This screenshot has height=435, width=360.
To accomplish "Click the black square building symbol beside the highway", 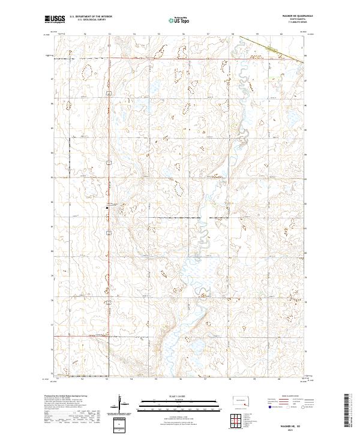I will [107, 208].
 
